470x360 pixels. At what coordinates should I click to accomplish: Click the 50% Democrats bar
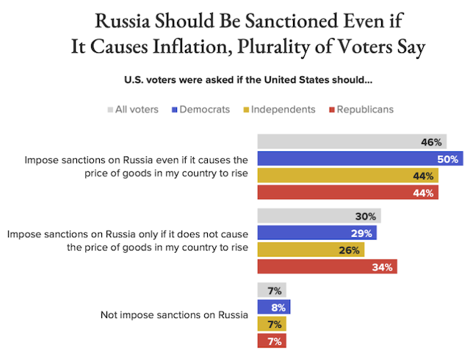tap(359, 159)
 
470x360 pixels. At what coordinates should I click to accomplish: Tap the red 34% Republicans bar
tap(327, 267)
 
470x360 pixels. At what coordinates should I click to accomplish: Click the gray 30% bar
tap(319, 216)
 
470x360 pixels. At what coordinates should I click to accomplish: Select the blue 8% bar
tap(274, 307)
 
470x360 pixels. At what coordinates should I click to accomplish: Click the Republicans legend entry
tap(361, 109)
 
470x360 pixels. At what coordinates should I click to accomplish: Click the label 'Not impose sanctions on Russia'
tap(175, 315)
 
